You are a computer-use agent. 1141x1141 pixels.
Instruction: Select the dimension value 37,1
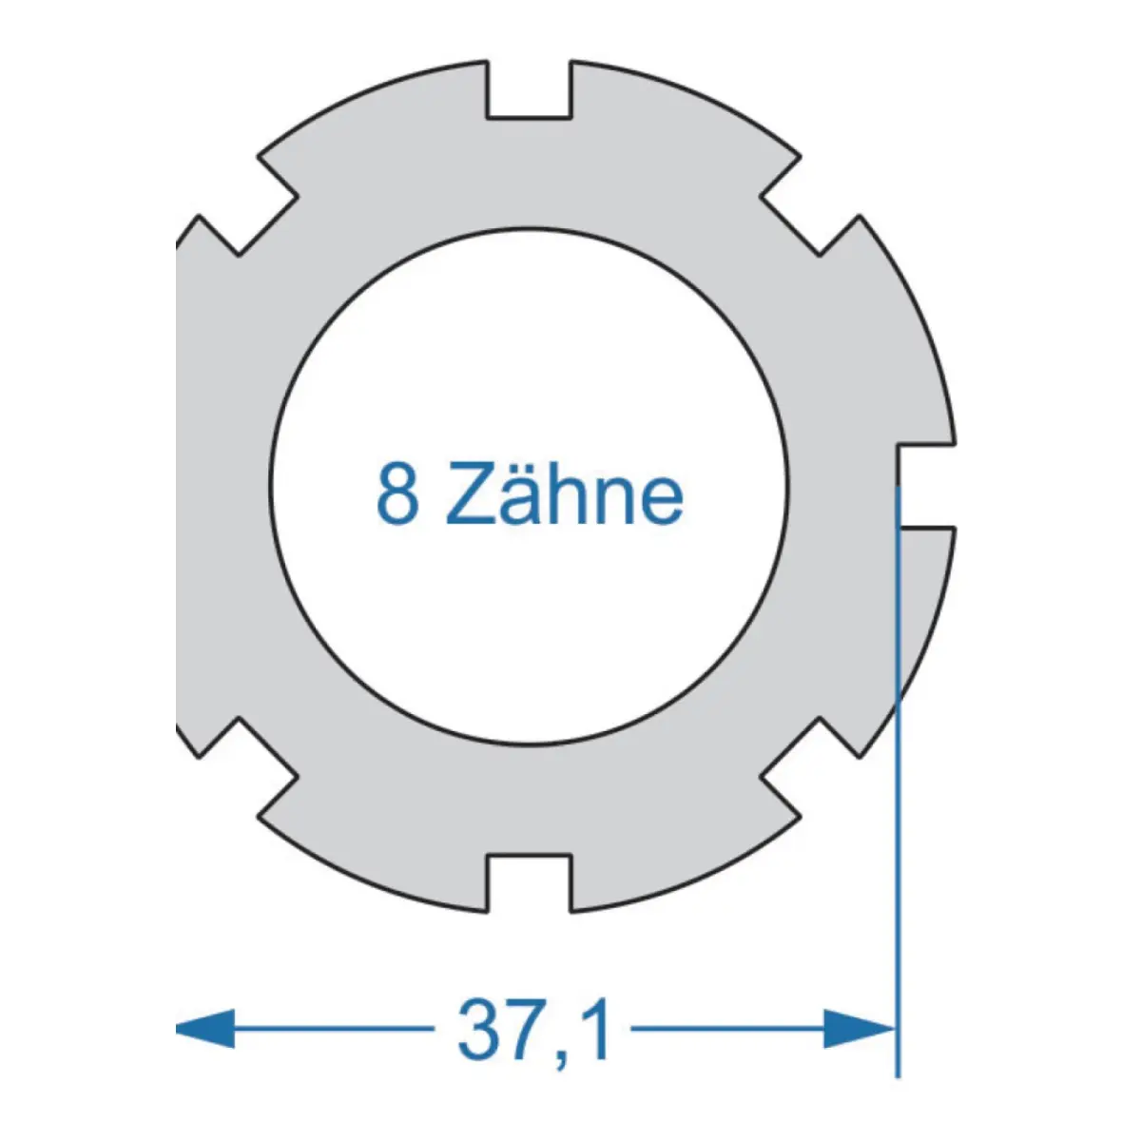[x=534, y=1030]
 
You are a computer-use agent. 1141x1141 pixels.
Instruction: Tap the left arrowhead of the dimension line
[x=204, y=1029]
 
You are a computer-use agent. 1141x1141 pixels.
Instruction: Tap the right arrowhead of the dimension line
[x=860, y=1029]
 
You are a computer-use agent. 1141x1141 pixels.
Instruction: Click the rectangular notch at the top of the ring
[x=529, y=88]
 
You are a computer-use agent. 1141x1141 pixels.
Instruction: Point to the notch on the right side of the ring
[x=926, y=484]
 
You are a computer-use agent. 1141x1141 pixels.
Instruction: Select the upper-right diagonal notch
[x=810, y=205]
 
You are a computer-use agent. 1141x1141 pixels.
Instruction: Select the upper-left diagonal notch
[x=248, y=205]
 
